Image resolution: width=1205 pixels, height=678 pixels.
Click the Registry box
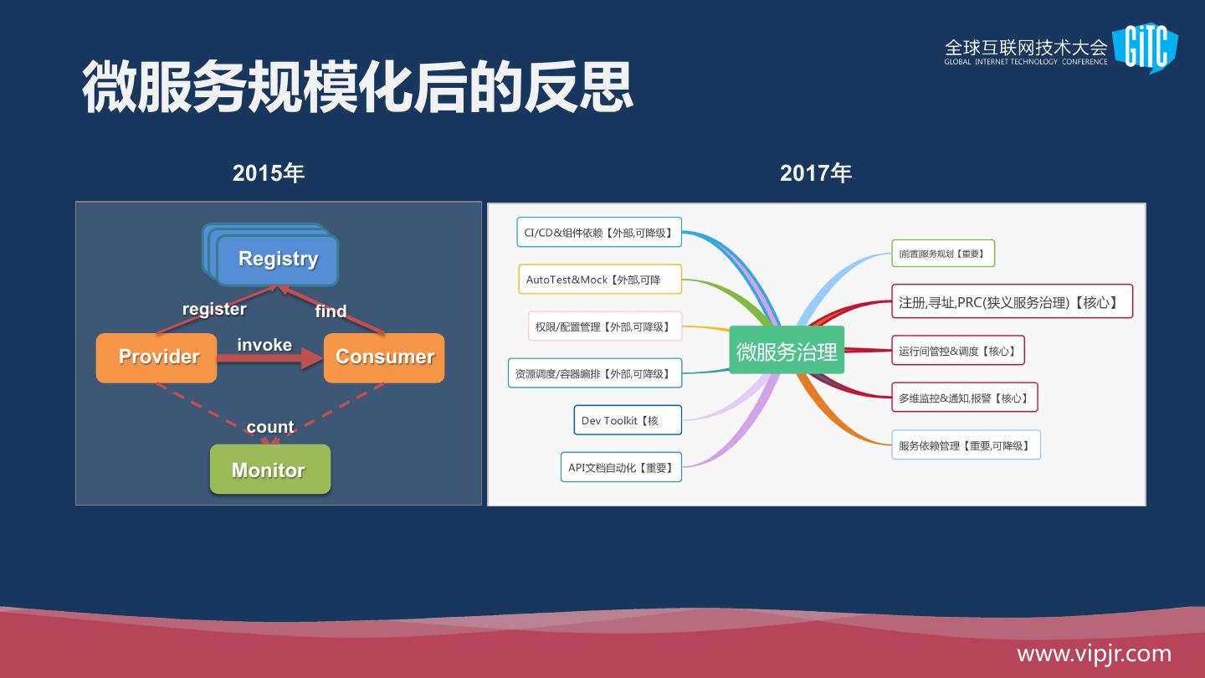point(277,259)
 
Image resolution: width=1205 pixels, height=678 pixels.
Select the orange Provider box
point(156,357)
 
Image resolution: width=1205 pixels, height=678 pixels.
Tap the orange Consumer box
point(384,357)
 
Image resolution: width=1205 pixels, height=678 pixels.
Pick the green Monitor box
point(269,470)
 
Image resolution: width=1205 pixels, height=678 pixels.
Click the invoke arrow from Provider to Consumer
point(269,358)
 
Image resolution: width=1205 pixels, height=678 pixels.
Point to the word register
point(214,309)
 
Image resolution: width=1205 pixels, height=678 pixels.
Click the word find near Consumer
point(331,311)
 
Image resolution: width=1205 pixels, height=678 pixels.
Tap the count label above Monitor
point(270,427)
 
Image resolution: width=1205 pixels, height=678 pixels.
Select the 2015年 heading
point(268,173)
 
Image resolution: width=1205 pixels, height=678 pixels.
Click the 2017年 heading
point(816,173)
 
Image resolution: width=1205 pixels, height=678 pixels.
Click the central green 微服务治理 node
point(787,351)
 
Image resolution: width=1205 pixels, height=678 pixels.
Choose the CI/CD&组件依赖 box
point(599,233)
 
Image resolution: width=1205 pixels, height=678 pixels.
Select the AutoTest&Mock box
point(599,280)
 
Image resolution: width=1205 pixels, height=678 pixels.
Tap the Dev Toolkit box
point(628,420)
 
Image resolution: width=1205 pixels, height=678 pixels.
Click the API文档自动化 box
point(621,467)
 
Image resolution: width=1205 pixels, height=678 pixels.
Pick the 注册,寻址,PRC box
point(1012,301)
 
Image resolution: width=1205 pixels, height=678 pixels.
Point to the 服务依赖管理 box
point(966,445)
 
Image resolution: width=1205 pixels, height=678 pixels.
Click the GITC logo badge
point(1146,48)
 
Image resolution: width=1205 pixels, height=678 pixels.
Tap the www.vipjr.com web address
point(1094,654)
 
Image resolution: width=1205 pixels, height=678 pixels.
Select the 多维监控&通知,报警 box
point(964,398)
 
